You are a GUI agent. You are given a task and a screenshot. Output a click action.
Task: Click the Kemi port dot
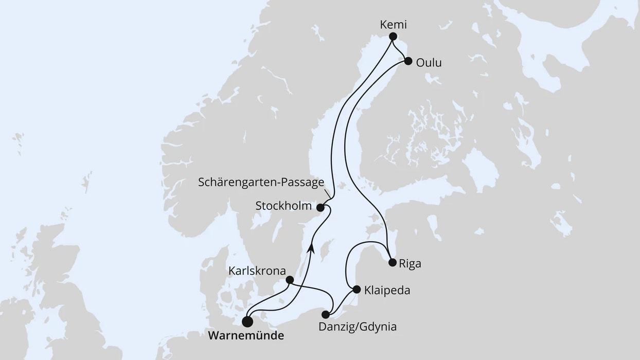[x=393, y=37]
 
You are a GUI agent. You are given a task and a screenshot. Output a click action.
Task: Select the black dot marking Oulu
[x=408, y=61]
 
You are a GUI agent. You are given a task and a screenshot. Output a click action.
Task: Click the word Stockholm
[x=283, y=206]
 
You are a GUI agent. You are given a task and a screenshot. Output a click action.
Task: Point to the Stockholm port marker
[x=320, y=208]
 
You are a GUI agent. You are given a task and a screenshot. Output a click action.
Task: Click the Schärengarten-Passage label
[x=261, y=183]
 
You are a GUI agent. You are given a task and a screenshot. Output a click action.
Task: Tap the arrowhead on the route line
[x=311, y=248]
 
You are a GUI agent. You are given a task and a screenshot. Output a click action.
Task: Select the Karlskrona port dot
[x=290, y=280]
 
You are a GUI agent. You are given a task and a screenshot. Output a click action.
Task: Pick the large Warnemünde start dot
[x=247, y=322]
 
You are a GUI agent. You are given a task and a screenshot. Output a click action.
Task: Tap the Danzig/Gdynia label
[x=358, y=327]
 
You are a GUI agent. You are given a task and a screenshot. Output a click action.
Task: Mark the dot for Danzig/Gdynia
[x=325, y=314]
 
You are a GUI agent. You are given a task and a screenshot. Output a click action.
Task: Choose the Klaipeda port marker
[x=357, y=290]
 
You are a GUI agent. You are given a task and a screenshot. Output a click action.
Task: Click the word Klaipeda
[x=387, y=291]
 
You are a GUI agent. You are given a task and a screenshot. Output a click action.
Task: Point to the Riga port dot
[x=393, y=263]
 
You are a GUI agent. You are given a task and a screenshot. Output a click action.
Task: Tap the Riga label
[x=410, y=264]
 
